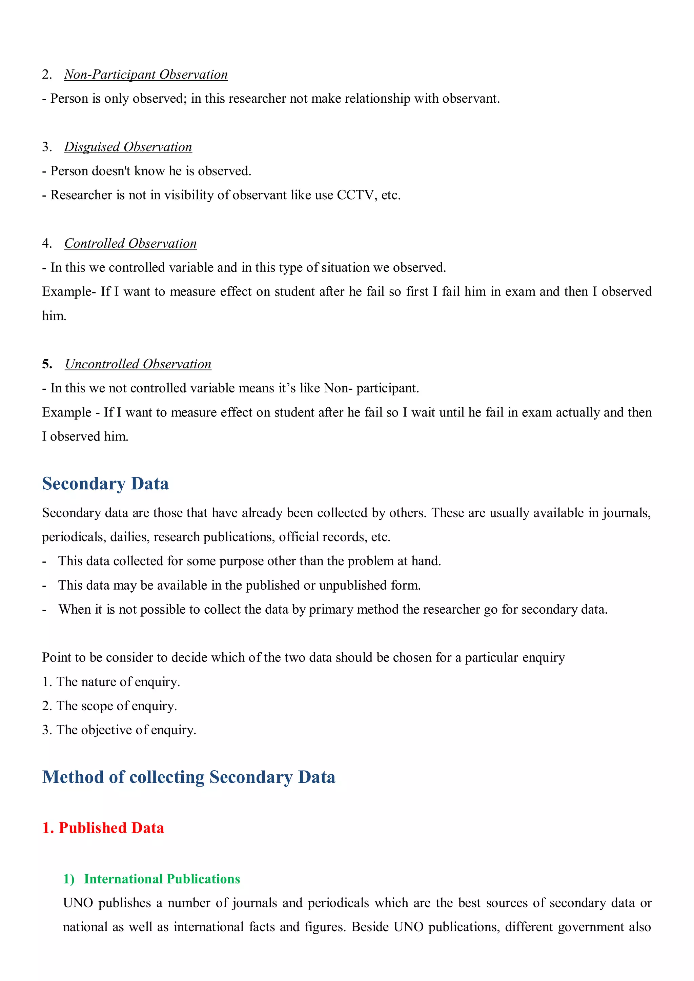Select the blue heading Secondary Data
pos(105,484)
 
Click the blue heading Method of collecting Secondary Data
pos(188,777)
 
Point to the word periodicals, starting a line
pos(74,537)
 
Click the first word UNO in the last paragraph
pos(78,903)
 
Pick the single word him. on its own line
pos(54,316)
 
